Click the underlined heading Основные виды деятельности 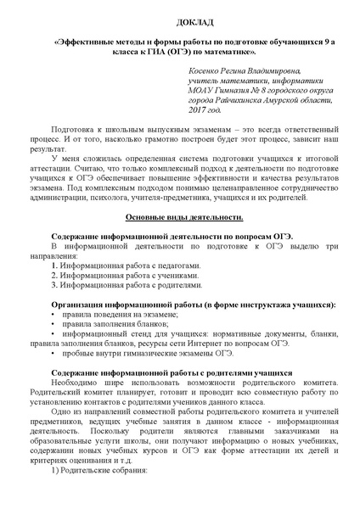(x=180, y=218)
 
